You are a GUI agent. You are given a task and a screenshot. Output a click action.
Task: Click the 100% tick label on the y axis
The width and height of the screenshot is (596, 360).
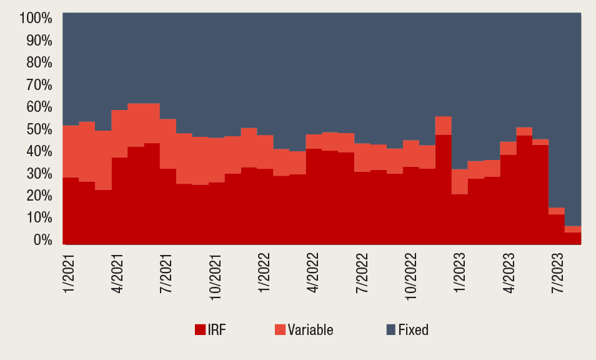(36, 17)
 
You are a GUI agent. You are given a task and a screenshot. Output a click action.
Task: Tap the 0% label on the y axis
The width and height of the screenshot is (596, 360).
(42, 239)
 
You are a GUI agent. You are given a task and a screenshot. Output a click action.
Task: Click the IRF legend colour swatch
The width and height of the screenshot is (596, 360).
(200, 330)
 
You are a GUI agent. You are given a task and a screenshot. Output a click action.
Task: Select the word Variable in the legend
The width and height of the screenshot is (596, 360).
(310, 330)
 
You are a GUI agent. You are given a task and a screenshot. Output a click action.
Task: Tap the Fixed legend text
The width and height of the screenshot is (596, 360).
(414, 330)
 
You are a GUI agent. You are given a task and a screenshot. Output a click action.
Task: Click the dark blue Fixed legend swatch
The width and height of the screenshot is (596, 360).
(391, 330)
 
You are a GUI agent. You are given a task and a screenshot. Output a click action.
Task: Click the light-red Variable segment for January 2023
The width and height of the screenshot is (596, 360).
(460, 182)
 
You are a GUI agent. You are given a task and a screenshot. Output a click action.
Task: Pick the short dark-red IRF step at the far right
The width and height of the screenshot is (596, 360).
(573, 238)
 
